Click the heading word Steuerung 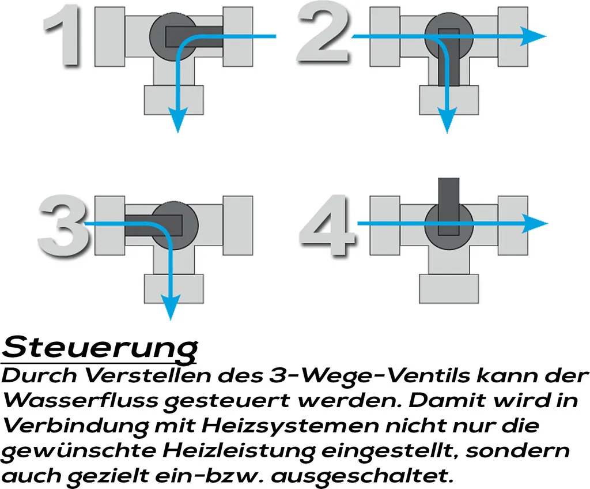[x=100, y=348]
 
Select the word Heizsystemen [x=288, y=426]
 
